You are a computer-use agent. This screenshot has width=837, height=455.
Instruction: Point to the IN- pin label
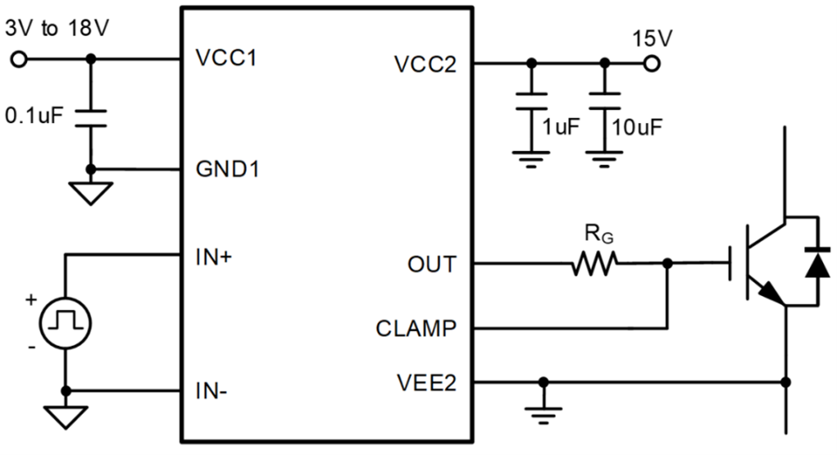(x=212, y=390)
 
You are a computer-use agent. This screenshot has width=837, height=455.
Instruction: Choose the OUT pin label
(x=431, y=263)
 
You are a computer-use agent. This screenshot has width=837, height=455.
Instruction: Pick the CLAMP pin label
(x=416, y=329)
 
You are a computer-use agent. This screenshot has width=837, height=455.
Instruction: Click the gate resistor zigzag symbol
(x=595, y=263)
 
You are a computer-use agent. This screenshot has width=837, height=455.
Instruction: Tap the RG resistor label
(x=596, y=234)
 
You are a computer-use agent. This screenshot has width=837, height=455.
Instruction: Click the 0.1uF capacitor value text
(x=34, y=115)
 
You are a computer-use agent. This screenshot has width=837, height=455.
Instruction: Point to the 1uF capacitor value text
(x=561, y=126)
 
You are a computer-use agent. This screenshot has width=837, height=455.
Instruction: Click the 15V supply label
(x=651, y=39)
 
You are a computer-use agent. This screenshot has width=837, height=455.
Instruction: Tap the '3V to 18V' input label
(x=57, y=28)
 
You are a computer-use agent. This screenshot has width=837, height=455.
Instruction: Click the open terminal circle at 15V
(x=651, y=64)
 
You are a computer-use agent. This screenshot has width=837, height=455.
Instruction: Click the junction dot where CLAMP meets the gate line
(x=668, y=263)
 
